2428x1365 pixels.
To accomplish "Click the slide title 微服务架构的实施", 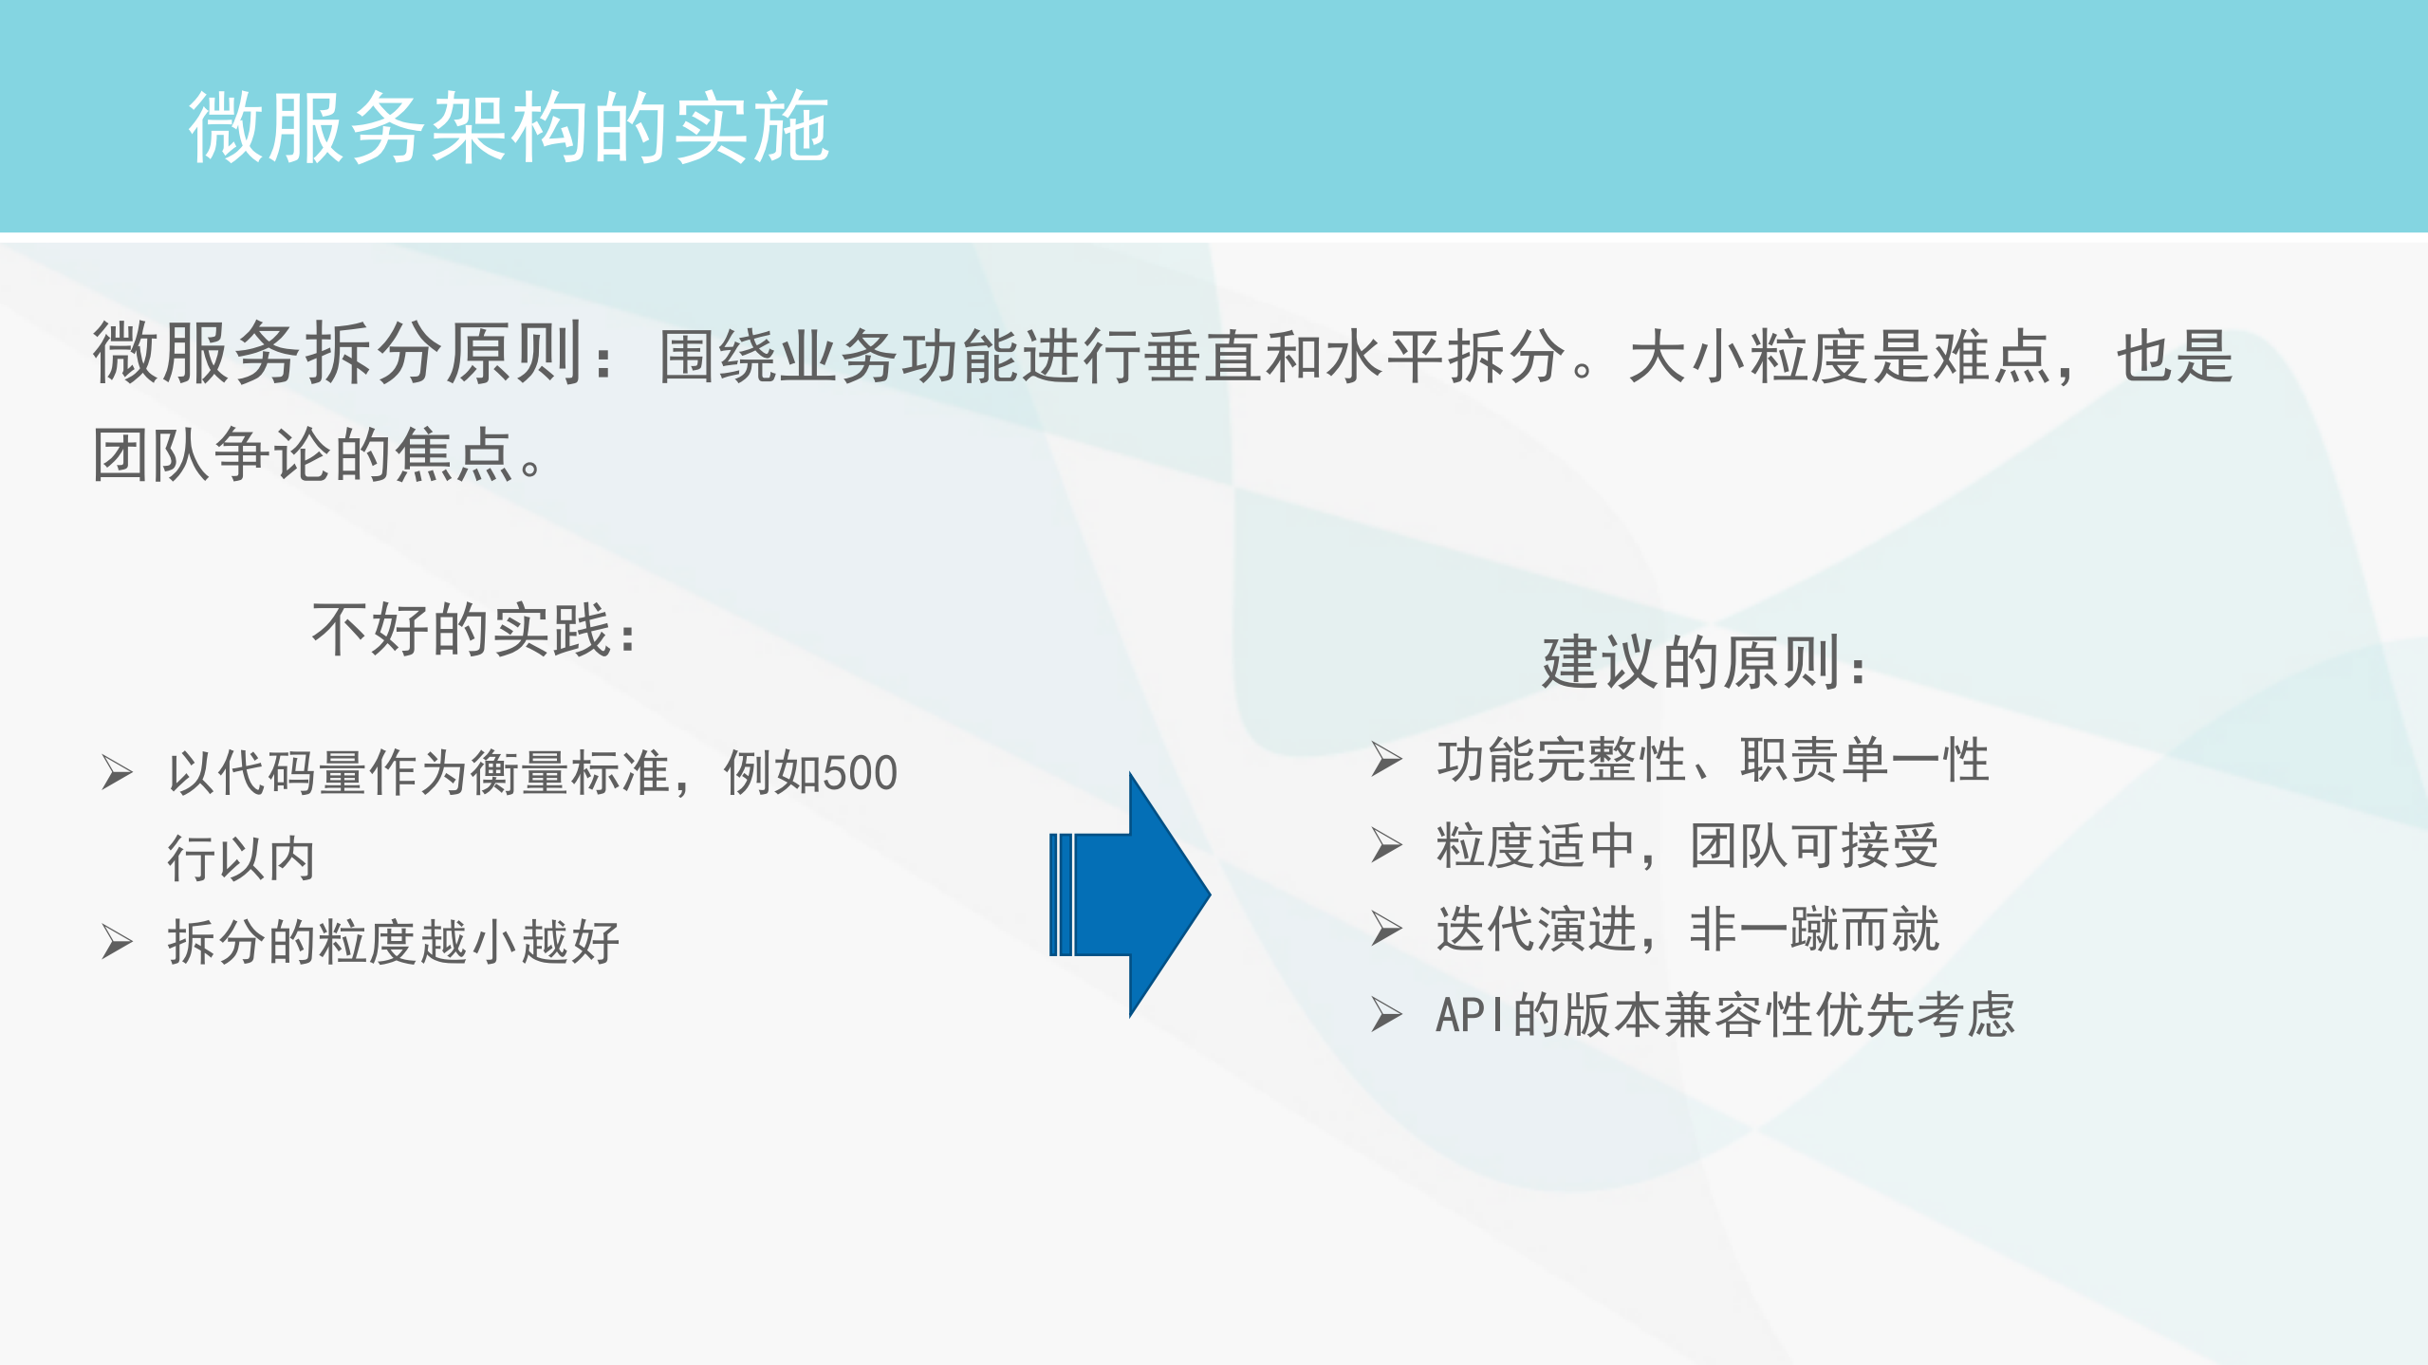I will point(509,127).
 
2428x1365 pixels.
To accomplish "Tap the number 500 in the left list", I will point(859,773).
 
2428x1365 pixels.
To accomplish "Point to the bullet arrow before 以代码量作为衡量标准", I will point(118,772).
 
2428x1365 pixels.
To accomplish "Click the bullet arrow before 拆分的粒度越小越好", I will point(118,942).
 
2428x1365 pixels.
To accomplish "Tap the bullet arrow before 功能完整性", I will point(1386,760).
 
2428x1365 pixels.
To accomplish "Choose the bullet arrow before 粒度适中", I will point(1386,845).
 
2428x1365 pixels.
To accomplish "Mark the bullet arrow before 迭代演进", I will point(1386,929).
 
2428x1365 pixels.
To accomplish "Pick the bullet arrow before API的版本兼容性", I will point(1386,1015).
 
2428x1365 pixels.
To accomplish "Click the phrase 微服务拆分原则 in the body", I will point(337,354).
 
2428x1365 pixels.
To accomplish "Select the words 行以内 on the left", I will point(241,858).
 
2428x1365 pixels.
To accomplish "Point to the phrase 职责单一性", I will point(1864,761).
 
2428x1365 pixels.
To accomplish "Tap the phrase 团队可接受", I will point(1814,846).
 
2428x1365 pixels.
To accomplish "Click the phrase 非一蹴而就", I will point(1814,930).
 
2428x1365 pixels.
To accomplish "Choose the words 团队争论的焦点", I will point(304,455).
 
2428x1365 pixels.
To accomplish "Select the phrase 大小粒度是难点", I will point(1839,357).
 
